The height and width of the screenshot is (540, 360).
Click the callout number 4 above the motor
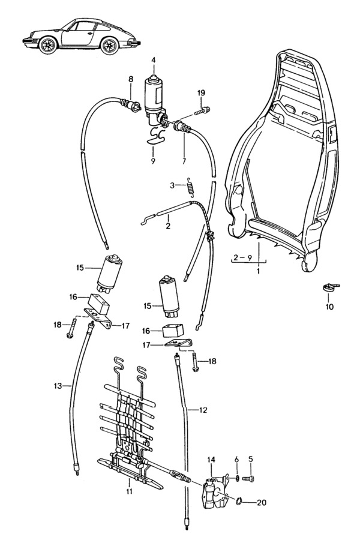[x=154, y=60]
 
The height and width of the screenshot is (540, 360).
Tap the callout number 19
[x=201, y=92]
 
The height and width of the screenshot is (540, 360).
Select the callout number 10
[x=329, y=307]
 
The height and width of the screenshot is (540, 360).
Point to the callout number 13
[x=58, y=385]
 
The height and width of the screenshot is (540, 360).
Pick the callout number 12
[x=203, y=410]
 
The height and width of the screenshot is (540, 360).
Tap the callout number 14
[x=211, y=460]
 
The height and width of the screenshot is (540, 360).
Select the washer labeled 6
[x=237, y=478]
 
